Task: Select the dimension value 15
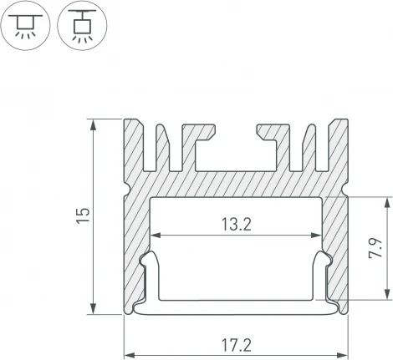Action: (81, 216)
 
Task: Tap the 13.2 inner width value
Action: (237, 223)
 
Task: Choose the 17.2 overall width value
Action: (237, 344)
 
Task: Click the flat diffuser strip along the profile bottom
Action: (237, 311)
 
